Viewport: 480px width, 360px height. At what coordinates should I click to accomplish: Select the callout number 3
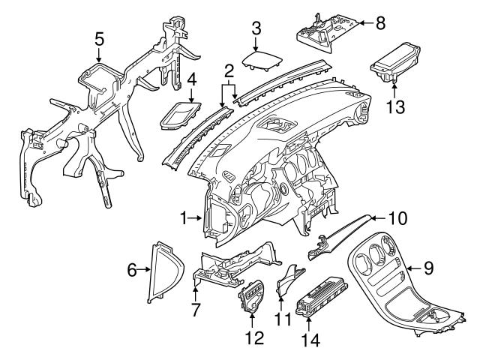(x=256, y=28)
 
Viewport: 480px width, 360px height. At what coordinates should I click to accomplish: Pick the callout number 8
(x=380, y=22)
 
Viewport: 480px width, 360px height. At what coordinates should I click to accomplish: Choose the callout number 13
(x=395, y=105)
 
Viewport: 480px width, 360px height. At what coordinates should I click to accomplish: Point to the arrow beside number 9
(x=409, y=265)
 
